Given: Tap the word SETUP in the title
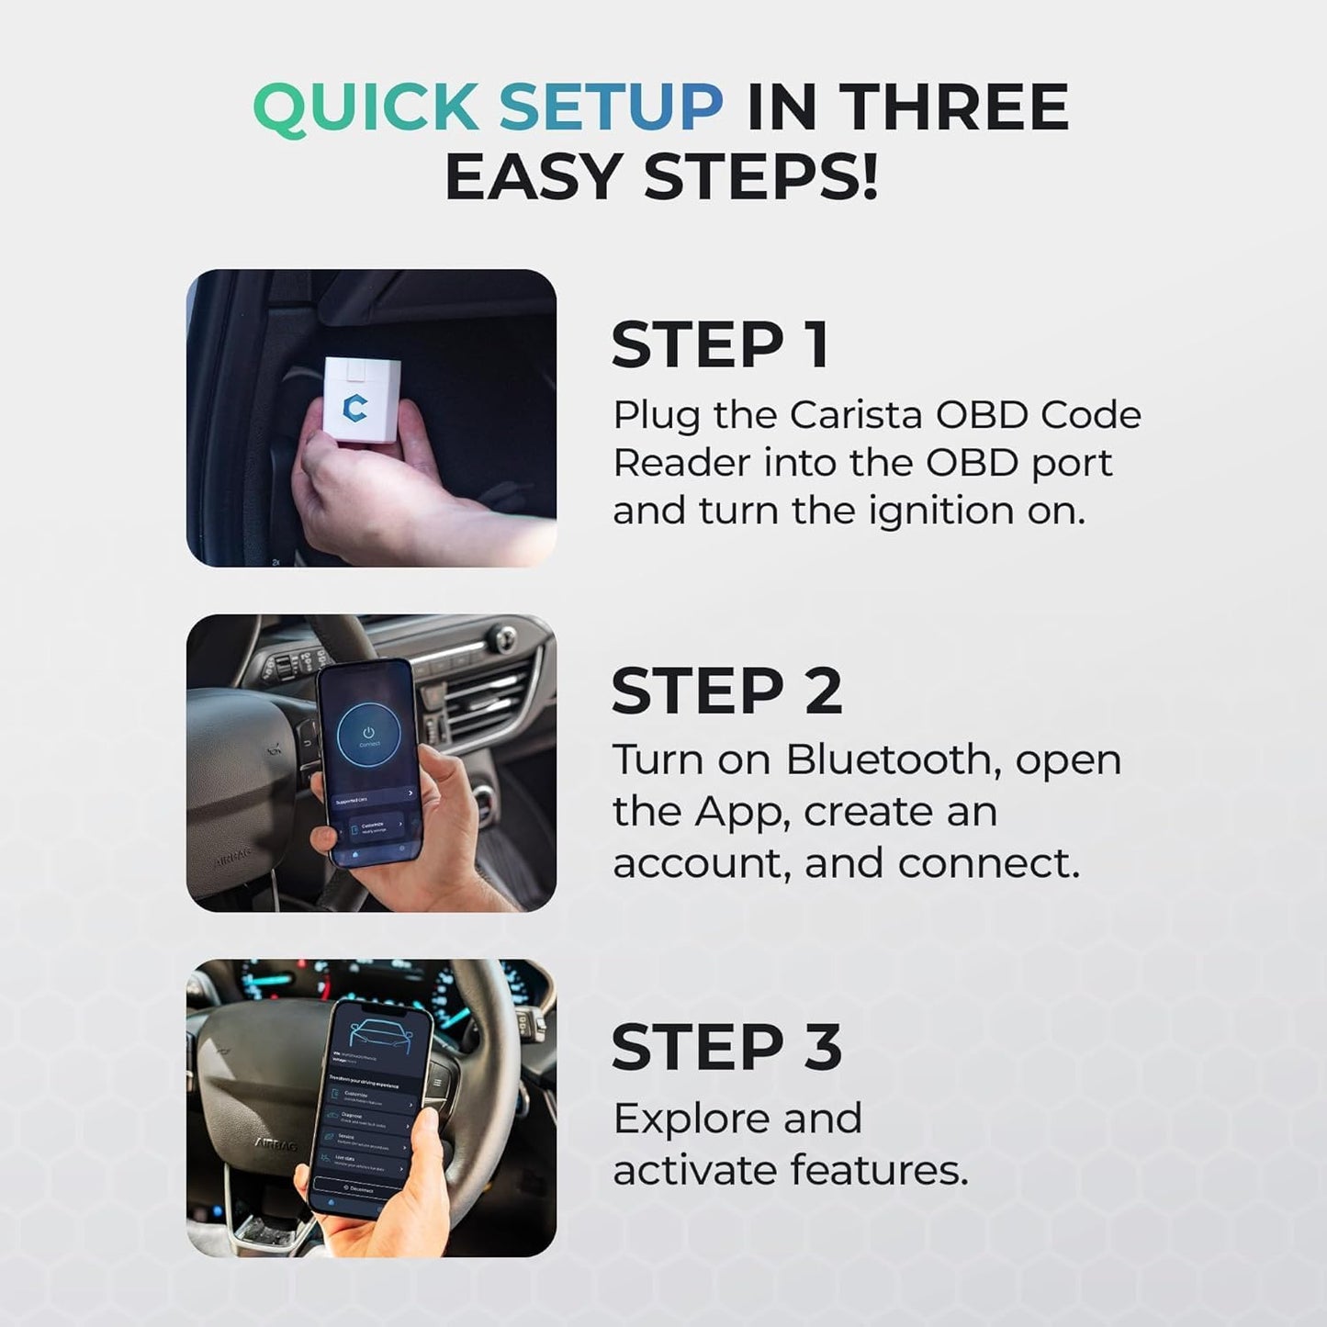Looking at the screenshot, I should tap(611, 107).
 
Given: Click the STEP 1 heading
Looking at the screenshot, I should tap(721, 345).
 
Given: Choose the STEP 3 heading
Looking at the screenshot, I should tap(726, 1047).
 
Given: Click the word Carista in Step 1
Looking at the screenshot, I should tap(855, 415).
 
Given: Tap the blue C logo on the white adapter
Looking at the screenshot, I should tap(354, 406).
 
